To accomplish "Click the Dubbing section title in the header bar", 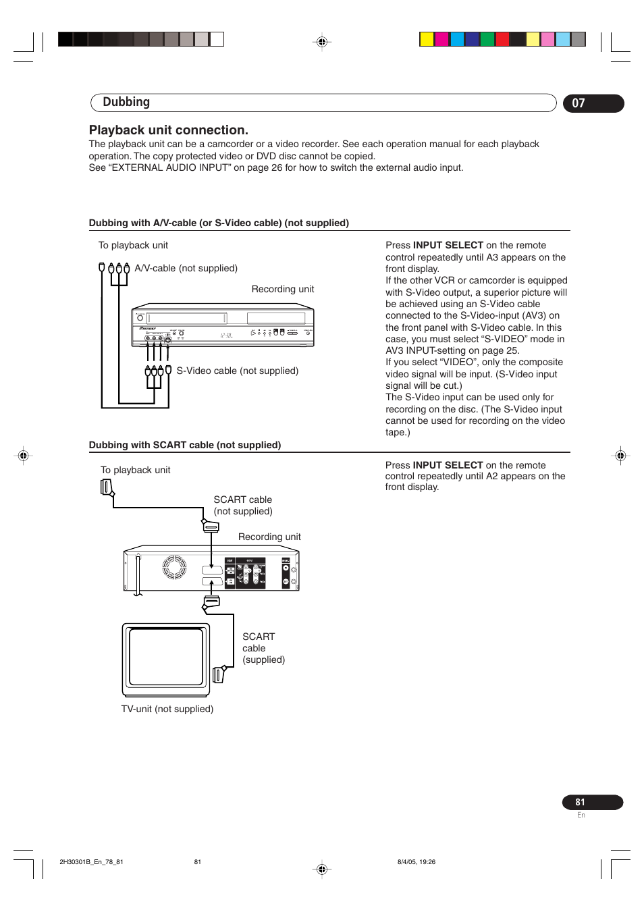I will [126, 103].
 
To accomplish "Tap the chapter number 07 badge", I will [579, 103].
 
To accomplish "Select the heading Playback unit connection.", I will [169, 130].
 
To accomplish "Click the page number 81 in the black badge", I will [580, 802].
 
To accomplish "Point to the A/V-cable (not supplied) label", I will [186, 268].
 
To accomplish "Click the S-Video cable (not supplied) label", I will [237, 371].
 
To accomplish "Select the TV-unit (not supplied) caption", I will [167, 709].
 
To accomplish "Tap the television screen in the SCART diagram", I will [166, 657].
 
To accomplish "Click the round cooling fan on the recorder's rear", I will [173, 567].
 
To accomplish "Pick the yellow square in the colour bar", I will [426, 39].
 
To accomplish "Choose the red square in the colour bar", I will [502, 39].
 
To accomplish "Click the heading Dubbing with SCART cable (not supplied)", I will [185, 445].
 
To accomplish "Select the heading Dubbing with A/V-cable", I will [219, 223].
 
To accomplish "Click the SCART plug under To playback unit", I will [106, 487].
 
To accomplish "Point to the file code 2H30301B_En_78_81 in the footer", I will [91, 862].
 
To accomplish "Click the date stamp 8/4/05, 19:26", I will [417, 862].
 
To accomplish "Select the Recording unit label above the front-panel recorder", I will [282, 289].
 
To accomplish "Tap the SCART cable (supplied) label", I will [263, 648].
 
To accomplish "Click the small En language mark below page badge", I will [581, 815].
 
